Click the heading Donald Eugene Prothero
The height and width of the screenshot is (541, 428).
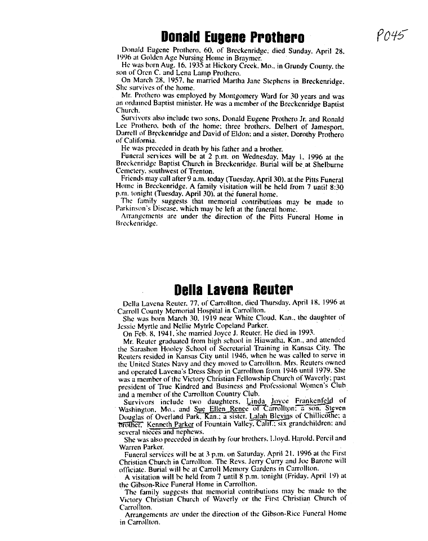tap(232, 38)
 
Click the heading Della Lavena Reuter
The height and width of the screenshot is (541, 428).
tap(233, 290)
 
